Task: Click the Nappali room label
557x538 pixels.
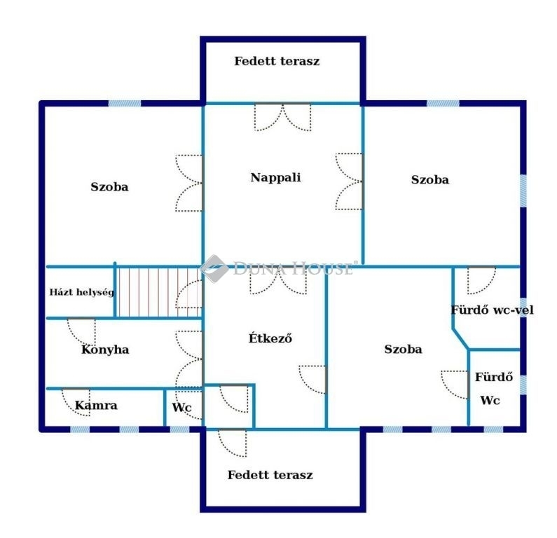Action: (x=275, y=177)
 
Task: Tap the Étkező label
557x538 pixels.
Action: (x=270, y=338)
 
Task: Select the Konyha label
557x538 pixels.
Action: (x=105, y=350)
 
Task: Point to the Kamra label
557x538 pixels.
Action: (x=96, y=405)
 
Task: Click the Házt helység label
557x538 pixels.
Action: (x=82, y=292)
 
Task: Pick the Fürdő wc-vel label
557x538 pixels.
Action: (x=492, y=310)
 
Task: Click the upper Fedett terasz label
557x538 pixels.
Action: (x=277, y=61)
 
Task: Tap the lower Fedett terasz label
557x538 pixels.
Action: (x=270, y=475)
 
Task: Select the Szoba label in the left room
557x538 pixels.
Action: (x=109, y=187)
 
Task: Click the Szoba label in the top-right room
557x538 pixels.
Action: (x=429, y=180)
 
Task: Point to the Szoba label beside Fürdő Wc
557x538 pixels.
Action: (x=403, y=349)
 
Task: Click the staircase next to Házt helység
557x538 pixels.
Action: (x=158, y=292)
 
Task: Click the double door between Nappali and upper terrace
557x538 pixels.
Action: (x=283, y=117)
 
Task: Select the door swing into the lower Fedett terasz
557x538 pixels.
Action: (x=232, y=443)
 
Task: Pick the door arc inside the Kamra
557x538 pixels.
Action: (x=76, y=403)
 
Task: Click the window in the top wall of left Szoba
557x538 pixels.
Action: (x=124, y=104)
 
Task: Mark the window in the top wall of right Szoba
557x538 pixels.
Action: (x=443, y=104)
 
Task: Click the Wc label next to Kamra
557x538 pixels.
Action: (x=181, y=407)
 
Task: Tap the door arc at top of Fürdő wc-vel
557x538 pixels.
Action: (x=481, y=280)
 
